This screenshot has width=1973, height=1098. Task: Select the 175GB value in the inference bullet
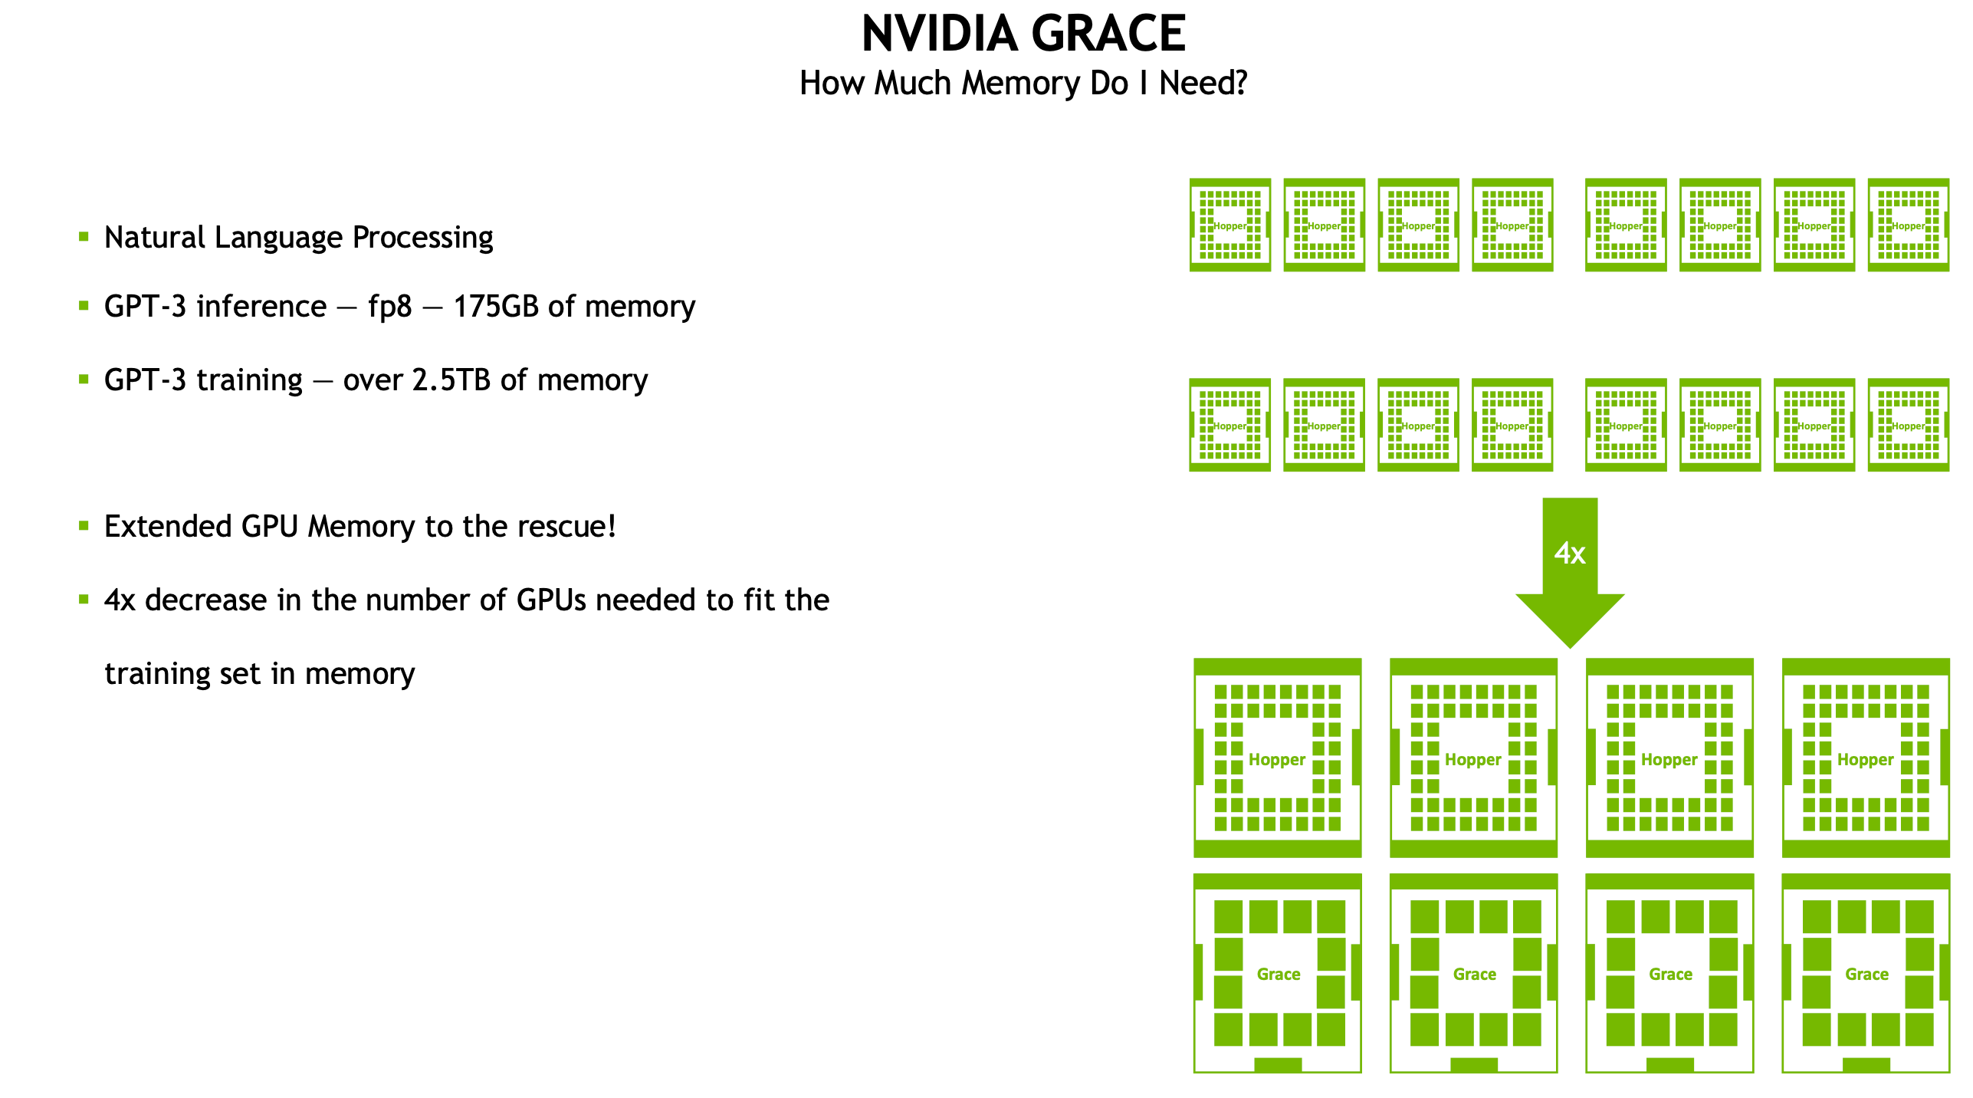pos(496,307)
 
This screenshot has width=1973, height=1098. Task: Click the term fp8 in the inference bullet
pos(389,307)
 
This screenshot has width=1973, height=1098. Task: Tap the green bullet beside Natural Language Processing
pos(84,237)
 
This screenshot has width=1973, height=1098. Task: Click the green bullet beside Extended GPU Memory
pos(84,526)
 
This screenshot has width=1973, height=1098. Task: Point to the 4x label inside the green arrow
pos(1569,553)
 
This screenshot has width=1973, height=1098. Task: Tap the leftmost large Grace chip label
pos(1278,975)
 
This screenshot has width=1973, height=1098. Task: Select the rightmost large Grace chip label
pos(1866,975)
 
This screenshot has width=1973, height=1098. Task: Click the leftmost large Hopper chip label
pos(1276,760)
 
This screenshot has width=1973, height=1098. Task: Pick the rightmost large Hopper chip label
pos(1865,760)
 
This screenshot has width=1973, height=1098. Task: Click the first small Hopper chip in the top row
pos(1229,225)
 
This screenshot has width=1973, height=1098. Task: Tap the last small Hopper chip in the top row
pos(1908,225)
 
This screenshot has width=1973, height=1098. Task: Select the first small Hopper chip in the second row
pos(1229,426)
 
